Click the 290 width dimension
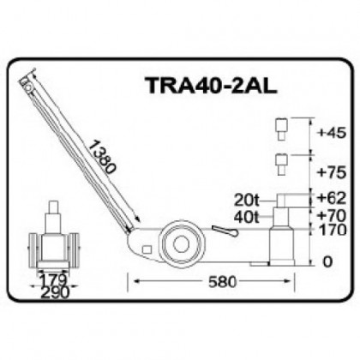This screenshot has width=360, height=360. (x=55, y=291)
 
